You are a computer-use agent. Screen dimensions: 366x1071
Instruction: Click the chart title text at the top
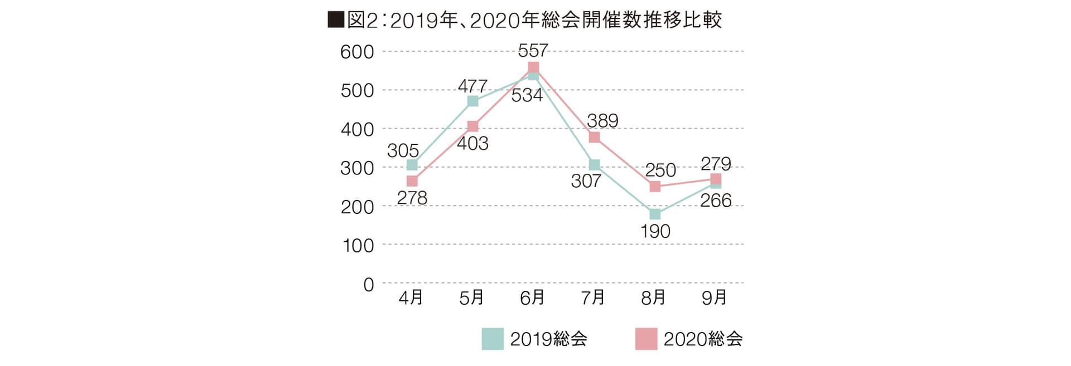click(x=524, y=20)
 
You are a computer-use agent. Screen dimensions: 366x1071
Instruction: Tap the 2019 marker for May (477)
click(x=472, y=101)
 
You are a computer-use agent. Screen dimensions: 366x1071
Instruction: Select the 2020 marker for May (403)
click(x=472, y=126)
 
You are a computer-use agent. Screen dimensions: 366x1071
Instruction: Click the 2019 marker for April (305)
click(x=412, y=165)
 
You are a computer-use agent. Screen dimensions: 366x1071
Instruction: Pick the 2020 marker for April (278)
click(x=412, y=181)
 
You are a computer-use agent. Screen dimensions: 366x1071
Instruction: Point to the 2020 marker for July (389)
click(x=594, y=137)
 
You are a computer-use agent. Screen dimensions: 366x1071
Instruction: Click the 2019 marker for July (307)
click(x=594, y=165)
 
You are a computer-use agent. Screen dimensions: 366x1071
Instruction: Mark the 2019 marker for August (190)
click(x=655, y=214)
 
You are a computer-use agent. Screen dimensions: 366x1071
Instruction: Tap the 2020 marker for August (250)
click(x=655, y=187)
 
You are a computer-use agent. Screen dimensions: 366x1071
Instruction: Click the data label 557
click(x=533, y=51)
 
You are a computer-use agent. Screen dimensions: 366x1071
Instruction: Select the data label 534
click(x=527, y=96)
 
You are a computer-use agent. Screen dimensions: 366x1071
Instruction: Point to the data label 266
click(x=716, y=201)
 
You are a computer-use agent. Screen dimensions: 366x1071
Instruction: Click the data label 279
click(x=716, y=163)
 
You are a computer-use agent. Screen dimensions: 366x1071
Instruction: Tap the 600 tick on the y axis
click(x=357, y=52)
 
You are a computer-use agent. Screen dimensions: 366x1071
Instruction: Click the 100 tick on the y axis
click(x=357, y=245)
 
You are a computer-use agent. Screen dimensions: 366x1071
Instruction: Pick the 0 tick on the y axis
click(x=368, y=285)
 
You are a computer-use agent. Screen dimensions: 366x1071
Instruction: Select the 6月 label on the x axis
click(x=532, y=298)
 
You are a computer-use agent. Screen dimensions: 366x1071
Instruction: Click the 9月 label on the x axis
click(x=714, y=298)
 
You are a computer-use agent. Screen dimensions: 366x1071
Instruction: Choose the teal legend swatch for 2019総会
click(x=493, y=339)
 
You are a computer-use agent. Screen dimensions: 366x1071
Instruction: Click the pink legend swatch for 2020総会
click(x=646, y=339)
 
